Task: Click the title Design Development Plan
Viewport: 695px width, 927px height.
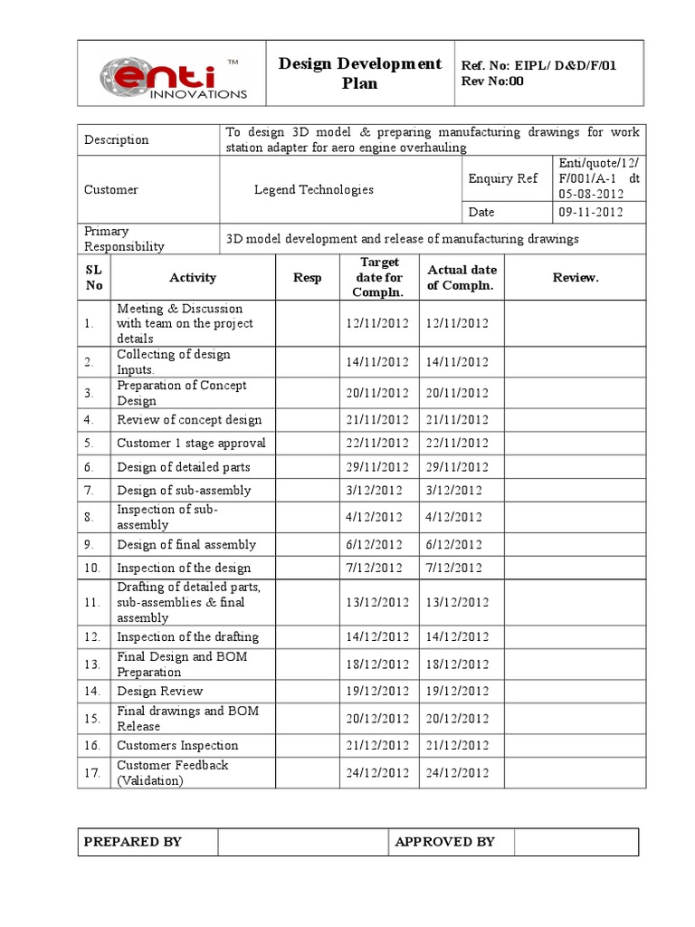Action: pyautogui.click(x=359, y=73)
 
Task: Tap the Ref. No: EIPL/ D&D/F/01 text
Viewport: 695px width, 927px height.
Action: pyautogui.click(x=539, y=66)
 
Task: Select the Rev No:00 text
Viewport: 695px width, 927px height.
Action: pyautogui.click(x=492, y=81)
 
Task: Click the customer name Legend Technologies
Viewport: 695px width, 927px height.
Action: pyautogui.click(x=313, y=190)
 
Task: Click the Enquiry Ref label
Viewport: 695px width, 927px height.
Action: pyautogui.click(x=503, y=179)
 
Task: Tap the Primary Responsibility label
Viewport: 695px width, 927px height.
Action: pyautogui.click(x=124, y=239)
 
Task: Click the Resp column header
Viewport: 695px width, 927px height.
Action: pyautogui.click(x=307, y=278)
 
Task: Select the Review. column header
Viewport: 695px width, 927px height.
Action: pyautogui.click(x=575, y=278)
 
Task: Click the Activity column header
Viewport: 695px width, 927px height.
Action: pyautogui.click(x=192, y=278)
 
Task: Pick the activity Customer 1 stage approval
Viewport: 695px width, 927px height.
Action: pyautogui.click(x=191, y=444)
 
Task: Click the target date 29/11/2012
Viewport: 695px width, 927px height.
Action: pyautogui.click(x=377, y=467)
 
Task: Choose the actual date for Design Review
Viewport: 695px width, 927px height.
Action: pyautogui.click(x=457, y=692)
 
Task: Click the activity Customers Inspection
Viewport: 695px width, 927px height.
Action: pyautogui.click(x=177, y=746)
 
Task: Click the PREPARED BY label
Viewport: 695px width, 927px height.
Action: pyautogui.click(x=133, y=842)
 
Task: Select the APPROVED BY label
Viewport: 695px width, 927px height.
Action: pyautogui.click(x=445, y=842)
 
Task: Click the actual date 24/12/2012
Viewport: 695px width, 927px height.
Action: pyautogui.click(x=457, y=773)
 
